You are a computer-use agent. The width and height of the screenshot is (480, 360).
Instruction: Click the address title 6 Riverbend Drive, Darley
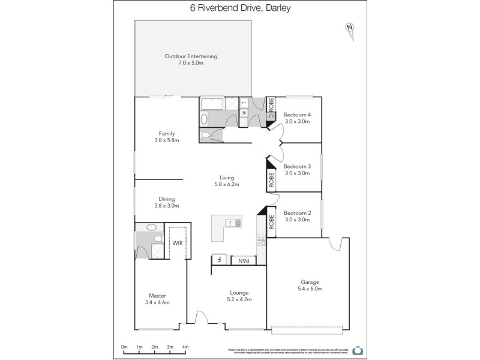239,8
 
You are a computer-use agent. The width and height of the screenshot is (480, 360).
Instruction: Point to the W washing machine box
244,113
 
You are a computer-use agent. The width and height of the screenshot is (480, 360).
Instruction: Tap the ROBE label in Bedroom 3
271,180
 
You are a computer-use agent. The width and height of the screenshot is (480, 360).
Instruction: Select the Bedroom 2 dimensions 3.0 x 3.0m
297,220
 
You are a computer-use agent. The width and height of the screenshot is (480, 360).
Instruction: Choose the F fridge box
219,260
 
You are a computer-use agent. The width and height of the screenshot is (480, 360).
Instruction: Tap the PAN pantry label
244,260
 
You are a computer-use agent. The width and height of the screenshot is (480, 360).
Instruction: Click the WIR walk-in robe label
178,243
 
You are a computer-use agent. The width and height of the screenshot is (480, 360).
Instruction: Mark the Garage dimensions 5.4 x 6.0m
310,289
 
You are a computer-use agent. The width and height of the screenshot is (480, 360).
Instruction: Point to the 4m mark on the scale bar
185,347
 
